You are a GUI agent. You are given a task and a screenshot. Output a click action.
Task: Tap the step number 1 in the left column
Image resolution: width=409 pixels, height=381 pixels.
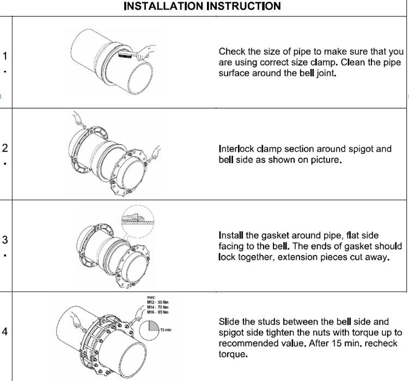coord(5,56)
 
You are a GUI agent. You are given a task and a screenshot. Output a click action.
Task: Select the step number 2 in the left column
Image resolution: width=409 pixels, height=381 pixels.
coord(5,148)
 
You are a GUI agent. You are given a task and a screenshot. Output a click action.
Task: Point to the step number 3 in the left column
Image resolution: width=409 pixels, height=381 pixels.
coord(5,240)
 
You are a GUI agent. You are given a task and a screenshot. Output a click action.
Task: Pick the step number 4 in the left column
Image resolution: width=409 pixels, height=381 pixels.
coord(5,331)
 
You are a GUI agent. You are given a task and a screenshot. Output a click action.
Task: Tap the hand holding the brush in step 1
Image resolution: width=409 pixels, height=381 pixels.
coord(145,52)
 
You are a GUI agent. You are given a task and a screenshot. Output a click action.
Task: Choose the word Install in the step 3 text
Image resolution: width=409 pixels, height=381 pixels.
coord(231,235)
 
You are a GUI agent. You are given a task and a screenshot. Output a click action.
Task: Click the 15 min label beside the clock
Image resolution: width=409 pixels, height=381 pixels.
coord(166,330)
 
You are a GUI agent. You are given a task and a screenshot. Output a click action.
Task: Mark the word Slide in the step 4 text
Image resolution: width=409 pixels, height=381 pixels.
coord(229,322)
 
